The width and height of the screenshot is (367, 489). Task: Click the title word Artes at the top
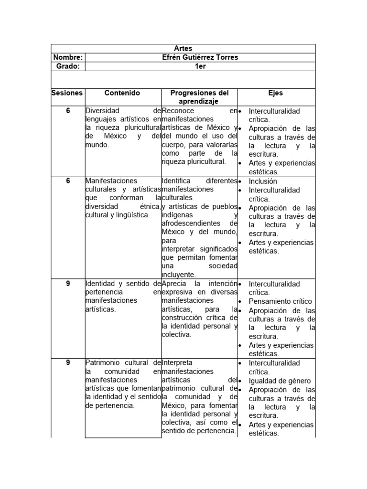click(x=183, y=49)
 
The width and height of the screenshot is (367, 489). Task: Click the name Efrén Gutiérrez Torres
click(x=200, y=57)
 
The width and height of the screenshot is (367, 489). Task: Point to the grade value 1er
click(x=200, y=66)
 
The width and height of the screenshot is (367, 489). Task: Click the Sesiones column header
click(x=67, y=93)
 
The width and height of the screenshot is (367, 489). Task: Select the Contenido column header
click(x=122, y=93)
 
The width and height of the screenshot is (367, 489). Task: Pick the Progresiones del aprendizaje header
click(x=199, y=97)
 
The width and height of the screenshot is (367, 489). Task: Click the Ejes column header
click(x=276, y=93)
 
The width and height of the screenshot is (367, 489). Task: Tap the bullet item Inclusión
click(x=263, y=181)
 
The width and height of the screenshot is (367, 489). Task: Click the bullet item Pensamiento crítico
click(x=280, y=301)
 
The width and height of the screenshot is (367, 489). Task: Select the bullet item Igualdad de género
click(x=280, y=381)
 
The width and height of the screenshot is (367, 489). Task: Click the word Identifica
click(x=176, y=181)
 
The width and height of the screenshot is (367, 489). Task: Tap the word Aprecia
click(x=174, y=284)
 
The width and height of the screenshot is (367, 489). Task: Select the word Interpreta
click(x=177, y=363)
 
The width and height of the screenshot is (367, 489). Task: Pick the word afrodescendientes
click(x=191, y=223)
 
